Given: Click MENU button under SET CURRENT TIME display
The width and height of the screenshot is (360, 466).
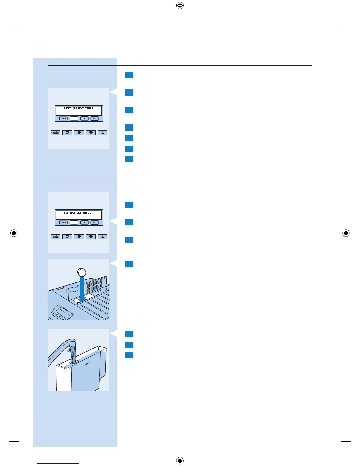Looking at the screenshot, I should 64,118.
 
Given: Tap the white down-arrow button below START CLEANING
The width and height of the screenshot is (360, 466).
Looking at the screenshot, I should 74,222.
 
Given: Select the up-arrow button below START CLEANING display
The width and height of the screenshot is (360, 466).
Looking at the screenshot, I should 84,222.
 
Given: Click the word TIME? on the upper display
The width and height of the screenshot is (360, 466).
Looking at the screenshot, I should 89,109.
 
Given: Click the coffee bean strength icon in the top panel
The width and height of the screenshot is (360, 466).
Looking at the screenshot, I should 55,133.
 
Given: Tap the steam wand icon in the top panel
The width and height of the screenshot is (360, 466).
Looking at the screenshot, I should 103,133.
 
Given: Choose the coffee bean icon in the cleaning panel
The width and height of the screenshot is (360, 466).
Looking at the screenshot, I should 55,237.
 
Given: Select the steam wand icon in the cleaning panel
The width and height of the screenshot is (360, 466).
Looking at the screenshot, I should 103,237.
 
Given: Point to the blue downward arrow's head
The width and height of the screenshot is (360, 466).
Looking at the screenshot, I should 82,299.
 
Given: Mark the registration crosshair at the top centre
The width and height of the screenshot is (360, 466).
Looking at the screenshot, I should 180,5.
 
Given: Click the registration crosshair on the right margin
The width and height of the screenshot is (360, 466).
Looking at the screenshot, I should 346,233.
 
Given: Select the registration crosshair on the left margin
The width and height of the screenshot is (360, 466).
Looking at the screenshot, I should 14,233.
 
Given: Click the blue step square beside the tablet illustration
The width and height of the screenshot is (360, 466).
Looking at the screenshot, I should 129,264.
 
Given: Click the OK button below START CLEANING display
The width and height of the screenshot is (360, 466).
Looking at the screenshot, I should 94,222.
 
